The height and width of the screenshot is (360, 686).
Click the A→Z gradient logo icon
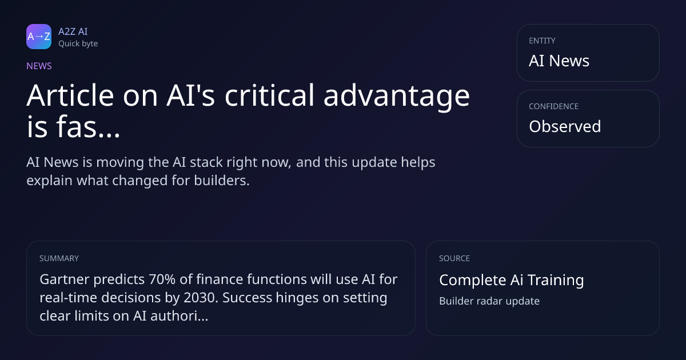(x=39, y=37)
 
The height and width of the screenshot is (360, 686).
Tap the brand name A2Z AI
(x=73, y=31)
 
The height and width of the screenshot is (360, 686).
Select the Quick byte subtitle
(x=78, y=44)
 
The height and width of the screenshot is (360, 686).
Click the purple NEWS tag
(x=39, y=66)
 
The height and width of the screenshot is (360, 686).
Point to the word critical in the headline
(x=269, y=95)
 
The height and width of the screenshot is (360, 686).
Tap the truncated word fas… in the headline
(x=88, y=126)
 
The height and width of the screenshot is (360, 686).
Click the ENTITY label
(x=542, y=41)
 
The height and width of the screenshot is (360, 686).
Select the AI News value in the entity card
(x=559, y=61)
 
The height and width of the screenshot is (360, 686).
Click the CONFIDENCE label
(x=554, y=106)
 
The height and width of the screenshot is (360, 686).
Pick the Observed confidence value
(x=565, y=126)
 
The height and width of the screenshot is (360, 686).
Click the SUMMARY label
(x=59, y=258)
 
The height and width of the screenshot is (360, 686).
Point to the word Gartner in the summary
(x=64, y=279)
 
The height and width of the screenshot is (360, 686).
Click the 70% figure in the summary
(x=162, y=279)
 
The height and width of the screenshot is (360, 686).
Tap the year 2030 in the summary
(x=201, y=298)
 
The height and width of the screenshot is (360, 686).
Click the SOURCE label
(x=454, y=258)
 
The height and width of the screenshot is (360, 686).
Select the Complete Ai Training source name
(x=512, y=280)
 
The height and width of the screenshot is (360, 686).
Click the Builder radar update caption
(x=489, y=301)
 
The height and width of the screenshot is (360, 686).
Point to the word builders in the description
(x=222, y=181)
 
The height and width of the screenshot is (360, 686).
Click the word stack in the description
(x=206, y=162)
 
